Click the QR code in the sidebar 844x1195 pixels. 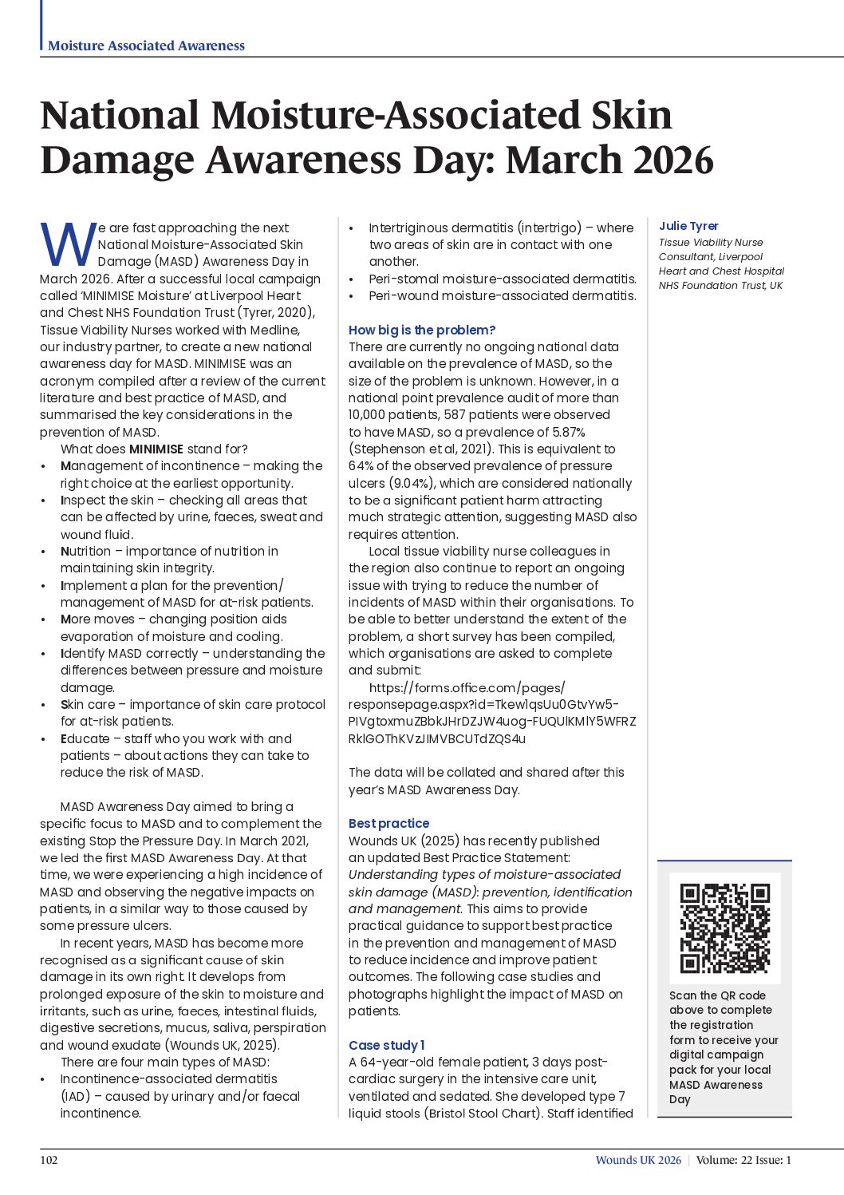[x=724, y=928]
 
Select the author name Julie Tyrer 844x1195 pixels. [x=688, y=226]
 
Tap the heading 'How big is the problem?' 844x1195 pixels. [x=422, y=330]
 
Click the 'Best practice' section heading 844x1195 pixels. [x=388, y=823]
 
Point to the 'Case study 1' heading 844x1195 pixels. [x=386, y=1045]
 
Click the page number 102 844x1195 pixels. [x=49, y=1160]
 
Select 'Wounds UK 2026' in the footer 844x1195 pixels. [x=638, y=1160]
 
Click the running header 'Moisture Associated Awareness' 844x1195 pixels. [x=146, y=46]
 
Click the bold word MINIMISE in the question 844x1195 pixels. [x=156, y=449]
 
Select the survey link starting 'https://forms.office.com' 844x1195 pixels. [x=467, y=687]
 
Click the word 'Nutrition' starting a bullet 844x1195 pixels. [x=86, y=551]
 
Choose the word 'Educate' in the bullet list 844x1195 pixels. [x=85, y=738]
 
